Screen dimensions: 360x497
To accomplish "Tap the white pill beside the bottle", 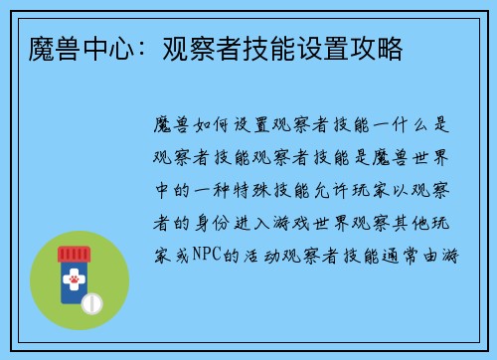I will pos(92,300).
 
